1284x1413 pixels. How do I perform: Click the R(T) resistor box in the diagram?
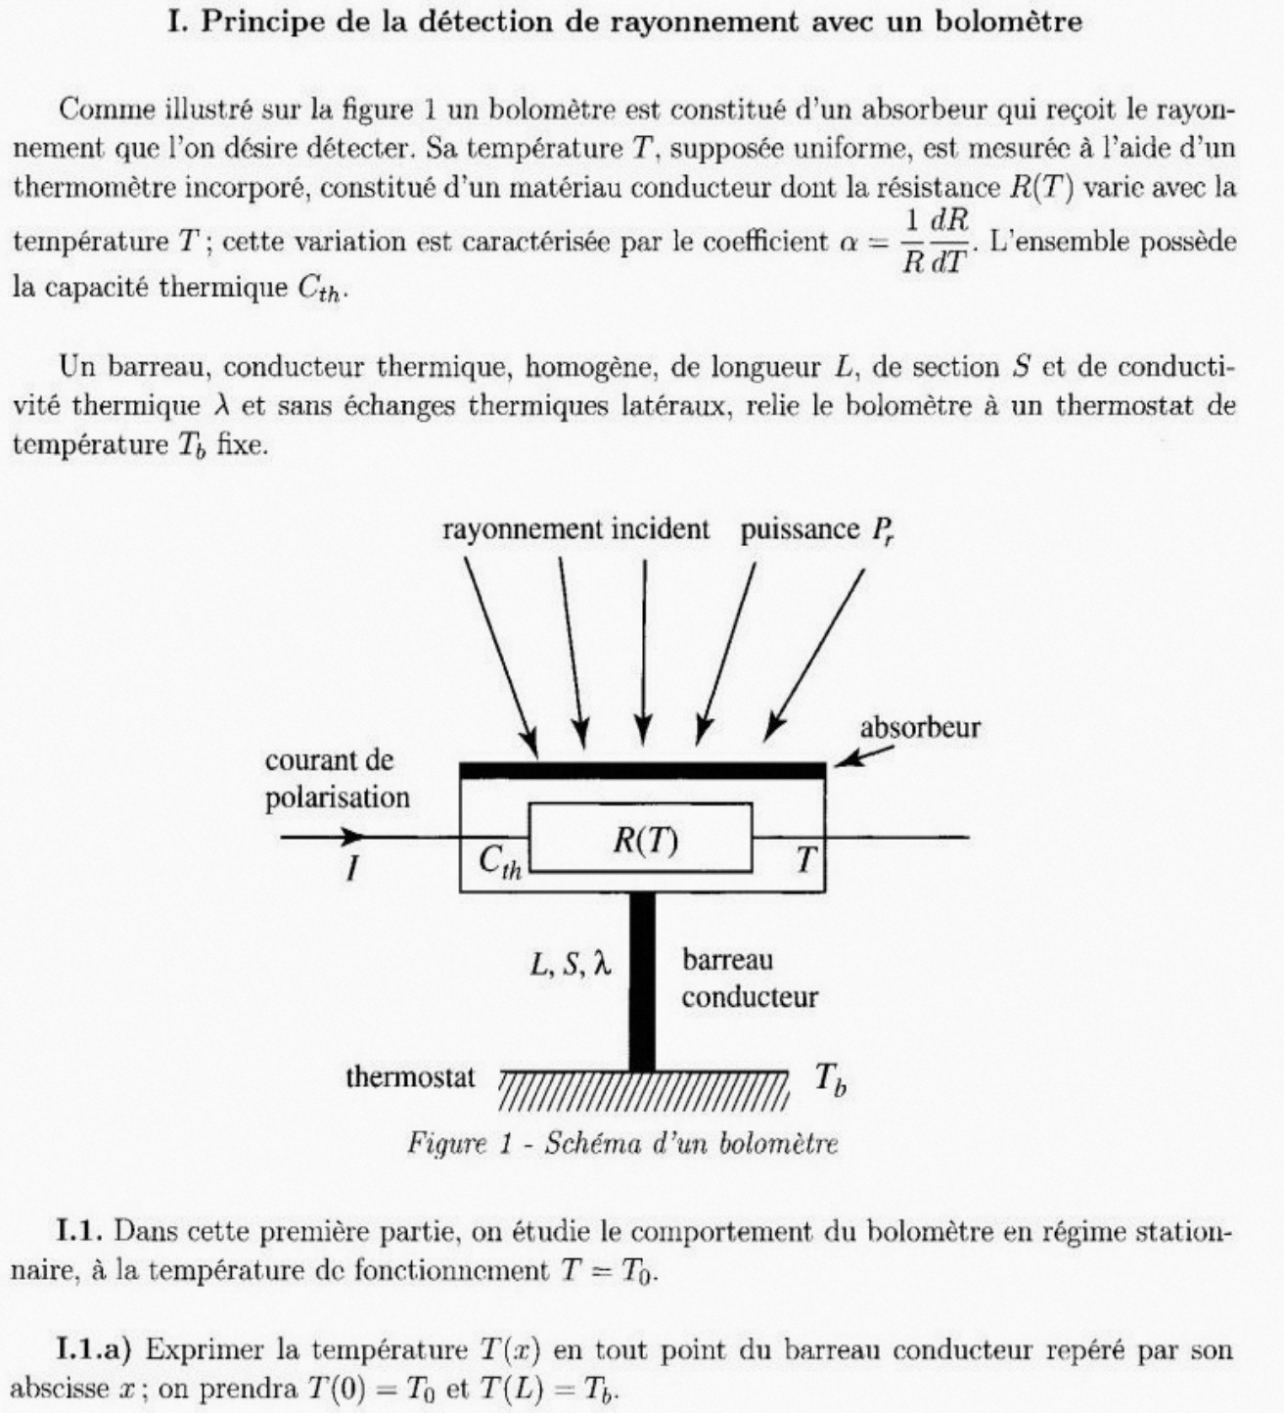(641, 837)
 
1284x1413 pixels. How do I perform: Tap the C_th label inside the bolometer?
(499, 861)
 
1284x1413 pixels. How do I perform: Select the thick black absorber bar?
(642, 770)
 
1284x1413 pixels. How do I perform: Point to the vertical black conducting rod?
(642, 979)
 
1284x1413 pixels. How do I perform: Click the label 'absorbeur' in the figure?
(920, 728)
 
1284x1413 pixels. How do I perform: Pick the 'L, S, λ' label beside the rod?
(570, 965)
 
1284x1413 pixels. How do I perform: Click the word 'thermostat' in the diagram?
(410, 1077)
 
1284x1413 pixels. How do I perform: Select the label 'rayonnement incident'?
(575, 529)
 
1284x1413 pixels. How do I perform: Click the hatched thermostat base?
(642, 1091)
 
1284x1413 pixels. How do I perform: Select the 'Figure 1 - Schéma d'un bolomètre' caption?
(622, 1143)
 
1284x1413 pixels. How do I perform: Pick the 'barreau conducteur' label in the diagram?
(750, 979)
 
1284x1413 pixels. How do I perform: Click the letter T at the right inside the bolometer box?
(804, 859)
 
